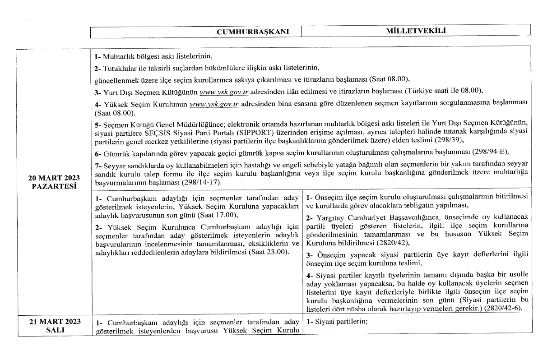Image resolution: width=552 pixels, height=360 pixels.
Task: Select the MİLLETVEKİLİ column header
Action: point(416,31)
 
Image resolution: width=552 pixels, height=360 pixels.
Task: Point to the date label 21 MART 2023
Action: point(53,322)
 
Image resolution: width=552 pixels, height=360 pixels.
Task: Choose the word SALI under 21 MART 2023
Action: point(53,330)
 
